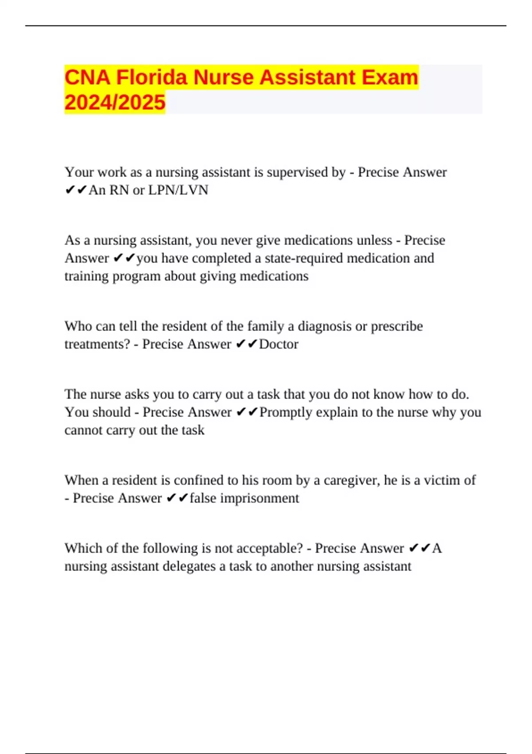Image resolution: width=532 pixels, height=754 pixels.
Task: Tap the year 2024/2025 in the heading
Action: [x=115, y=102]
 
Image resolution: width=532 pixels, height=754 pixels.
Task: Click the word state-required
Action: [x=304, y=258]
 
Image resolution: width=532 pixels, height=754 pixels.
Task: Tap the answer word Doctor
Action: [x=278, y=344]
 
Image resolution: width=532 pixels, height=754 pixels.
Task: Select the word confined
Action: [x=199, y=480]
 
